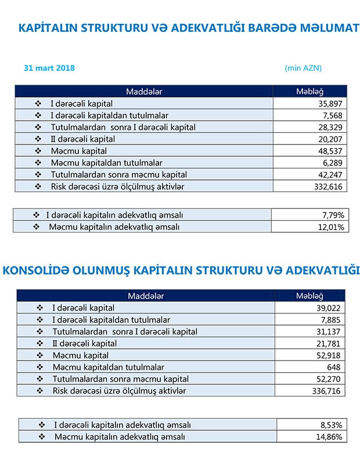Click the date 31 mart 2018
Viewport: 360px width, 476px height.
point(49,68)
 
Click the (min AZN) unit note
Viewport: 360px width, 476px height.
point(303,68)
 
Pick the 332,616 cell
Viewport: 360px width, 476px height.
point(328,186)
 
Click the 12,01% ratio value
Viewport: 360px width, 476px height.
point(331,226)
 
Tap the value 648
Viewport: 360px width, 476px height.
point(336,367)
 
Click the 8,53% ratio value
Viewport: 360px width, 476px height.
point(331,425)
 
